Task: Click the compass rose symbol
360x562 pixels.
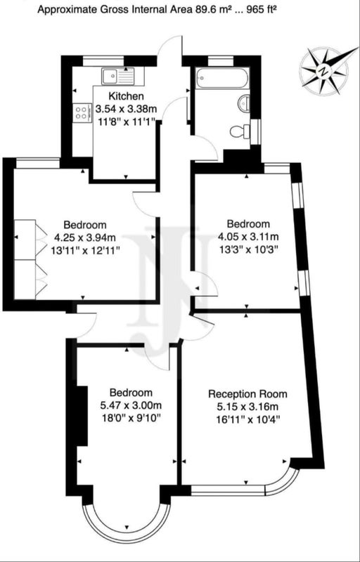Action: [323, 71]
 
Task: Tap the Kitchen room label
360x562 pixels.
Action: [127, 96]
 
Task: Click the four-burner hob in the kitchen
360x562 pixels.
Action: [82, 112]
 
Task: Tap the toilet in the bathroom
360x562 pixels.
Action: [240, 131]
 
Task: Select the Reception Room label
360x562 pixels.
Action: [247, 394]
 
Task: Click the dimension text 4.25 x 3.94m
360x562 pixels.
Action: [85, 237]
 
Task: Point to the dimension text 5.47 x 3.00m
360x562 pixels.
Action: [131, 406]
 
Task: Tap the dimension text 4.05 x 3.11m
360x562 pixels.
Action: [248, 237]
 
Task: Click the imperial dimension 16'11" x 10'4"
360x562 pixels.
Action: [247, 419]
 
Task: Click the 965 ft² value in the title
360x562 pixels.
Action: [265, 11]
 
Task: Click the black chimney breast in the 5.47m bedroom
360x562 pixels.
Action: [82, 417]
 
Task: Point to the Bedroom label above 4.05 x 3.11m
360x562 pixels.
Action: [248, 224]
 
